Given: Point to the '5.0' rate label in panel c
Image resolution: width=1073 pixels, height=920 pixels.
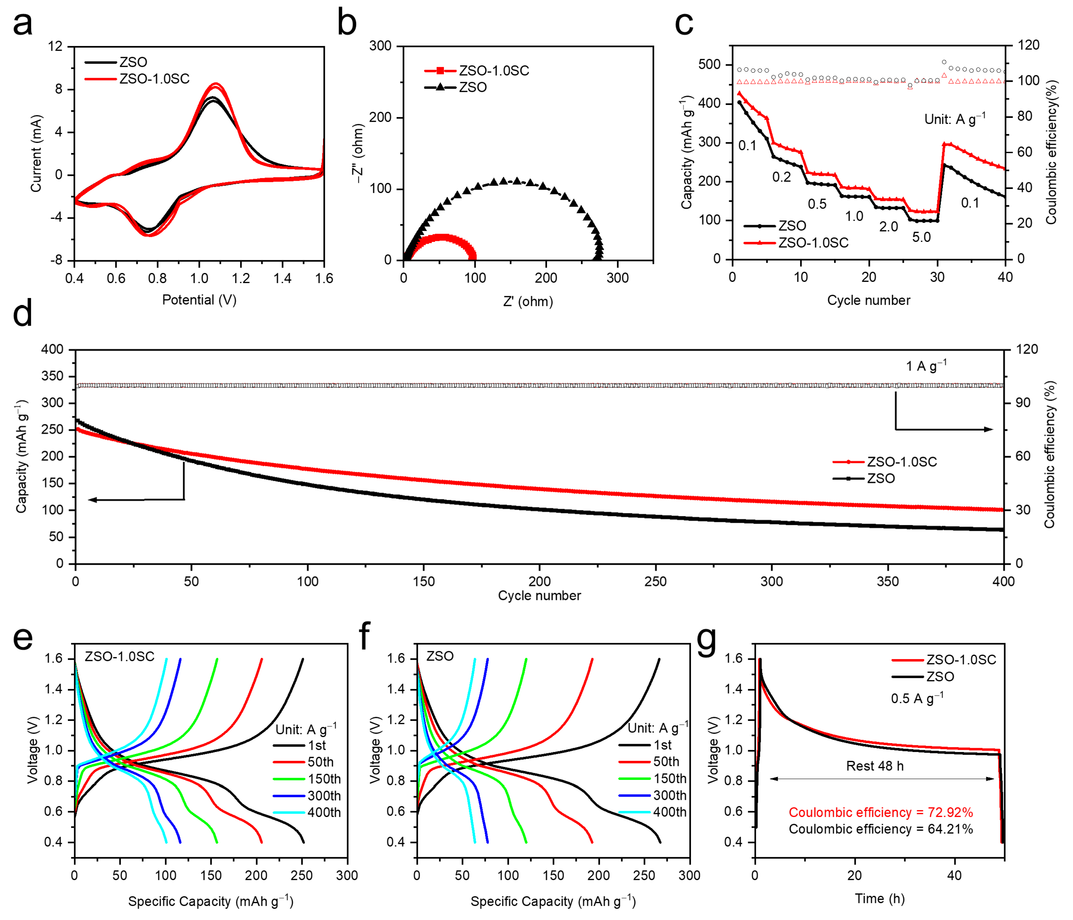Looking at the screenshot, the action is [921, 237].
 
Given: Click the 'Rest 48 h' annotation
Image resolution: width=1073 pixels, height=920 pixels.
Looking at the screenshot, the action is [875, 766].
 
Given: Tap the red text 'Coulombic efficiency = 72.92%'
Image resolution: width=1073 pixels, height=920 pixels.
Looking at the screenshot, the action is [880, 813].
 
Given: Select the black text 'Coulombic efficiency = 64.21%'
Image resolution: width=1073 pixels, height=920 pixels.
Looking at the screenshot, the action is [880, 829].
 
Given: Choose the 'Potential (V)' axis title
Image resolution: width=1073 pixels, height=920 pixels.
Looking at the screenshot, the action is [199, 300].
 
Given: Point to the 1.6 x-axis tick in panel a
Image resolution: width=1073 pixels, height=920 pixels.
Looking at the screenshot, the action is [324, 278].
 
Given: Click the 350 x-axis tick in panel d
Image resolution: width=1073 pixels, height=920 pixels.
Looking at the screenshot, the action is [888, 581].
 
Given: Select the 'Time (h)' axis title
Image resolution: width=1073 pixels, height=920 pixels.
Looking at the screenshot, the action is [879, 899].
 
